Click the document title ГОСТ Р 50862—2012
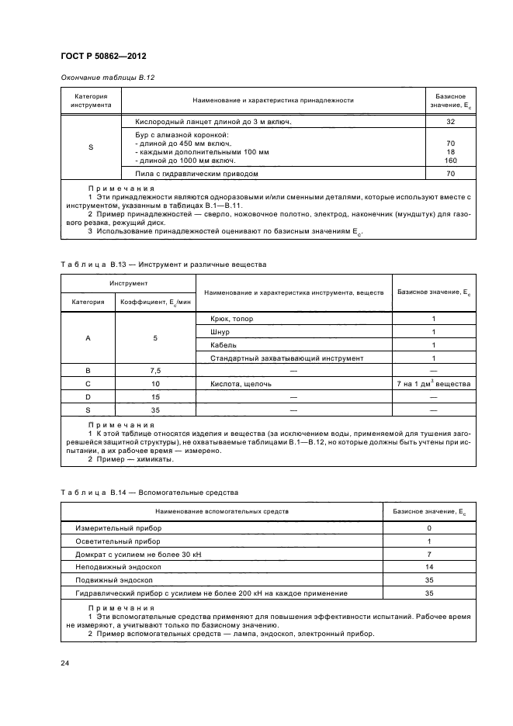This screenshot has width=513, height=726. point(103,57)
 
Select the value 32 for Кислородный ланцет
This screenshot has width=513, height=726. point(450,122)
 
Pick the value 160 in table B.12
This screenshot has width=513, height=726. point(450,161)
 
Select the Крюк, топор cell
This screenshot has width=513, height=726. point(231,319)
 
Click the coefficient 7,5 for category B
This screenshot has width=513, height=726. point(155,371)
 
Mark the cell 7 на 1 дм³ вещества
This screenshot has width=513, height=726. point(433,384)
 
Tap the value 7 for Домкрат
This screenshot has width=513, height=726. point(428,554)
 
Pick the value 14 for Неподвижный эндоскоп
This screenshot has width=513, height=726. point(428,567)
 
